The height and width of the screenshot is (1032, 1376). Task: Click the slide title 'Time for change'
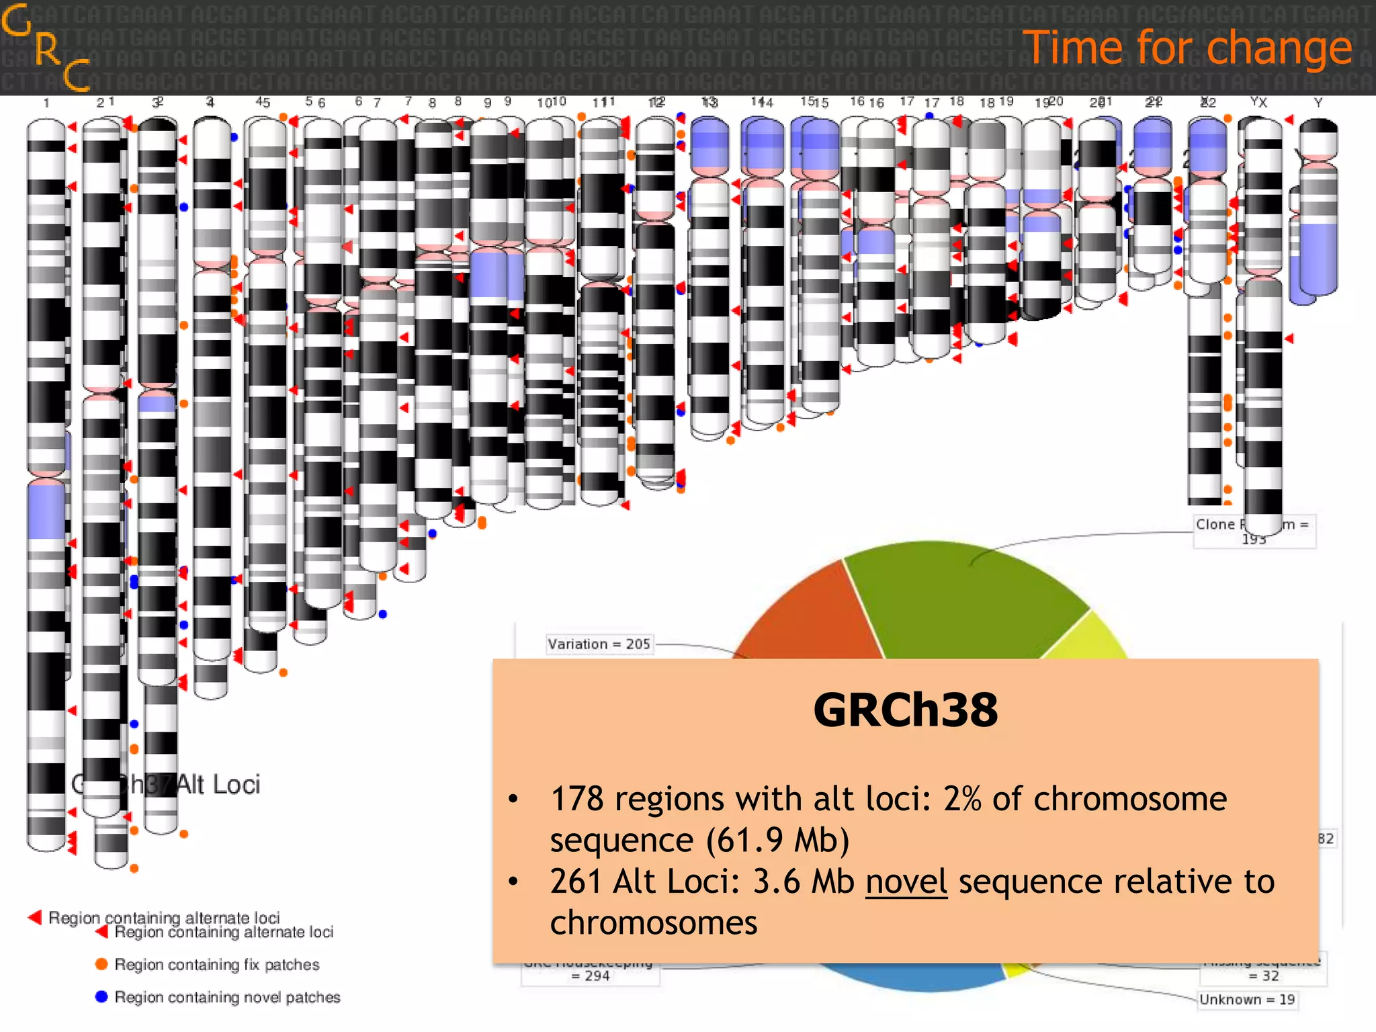point(1187,48)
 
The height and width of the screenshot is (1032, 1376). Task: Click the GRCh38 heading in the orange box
point(905,710)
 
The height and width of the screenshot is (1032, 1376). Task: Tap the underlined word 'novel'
point(906,881)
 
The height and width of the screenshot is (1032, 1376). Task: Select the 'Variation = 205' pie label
point(599,644)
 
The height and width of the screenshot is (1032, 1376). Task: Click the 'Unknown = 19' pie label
point(1247,1000)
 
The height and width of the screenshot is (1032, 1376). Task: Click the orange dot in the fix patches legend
point(101,964)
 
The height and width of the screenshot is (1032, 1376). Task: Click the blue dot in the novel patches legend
point(101,996)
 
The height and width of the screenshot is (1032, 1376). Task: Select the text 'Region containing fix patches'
point(216,965)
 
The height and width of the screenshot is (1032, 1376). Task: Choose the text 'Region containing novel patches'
point(227,997)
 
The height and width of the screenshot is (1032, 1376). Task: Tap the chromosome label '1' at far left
point(46,103)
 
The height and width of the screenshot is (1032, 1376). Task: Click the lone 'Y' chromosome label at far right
point(1318,103)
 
